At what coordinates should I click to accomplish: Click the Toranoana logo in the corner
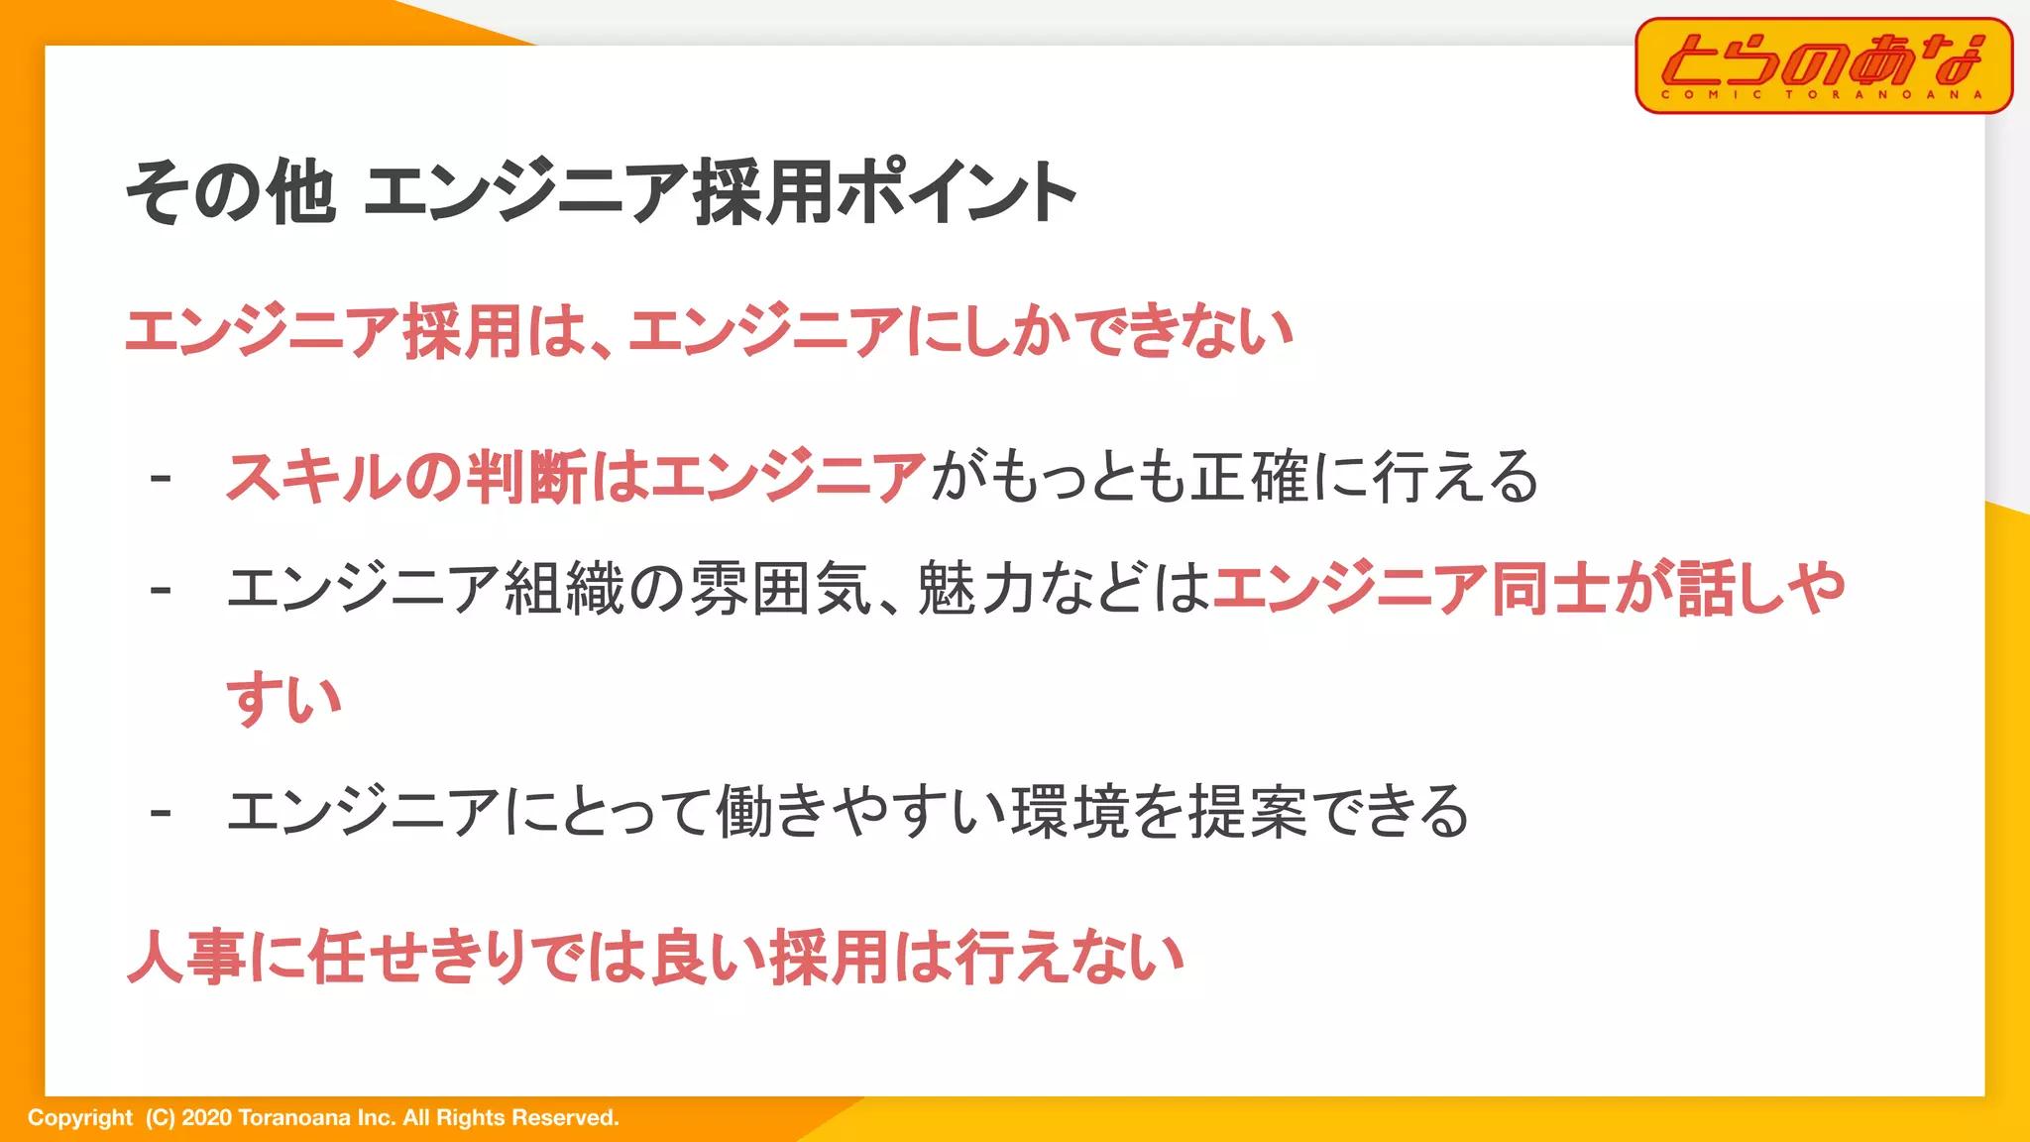click(1823, 64)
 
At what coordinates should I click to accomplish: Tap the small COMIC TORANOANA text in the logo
click(1822, 95)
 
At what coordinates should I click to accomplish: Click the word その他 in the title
click(230, 192)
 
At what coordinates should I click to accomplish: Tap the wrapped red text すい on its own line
click(284, 700)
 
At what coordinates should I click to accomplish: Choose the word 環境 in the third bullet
click(1070, 812)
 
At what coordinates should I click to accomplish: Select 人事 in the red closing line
click(187, 958)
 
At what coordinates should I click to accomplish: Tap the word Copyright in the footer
click(79, 1118)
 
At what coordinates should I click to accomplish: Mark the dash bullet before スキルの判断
click(161, 480)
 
